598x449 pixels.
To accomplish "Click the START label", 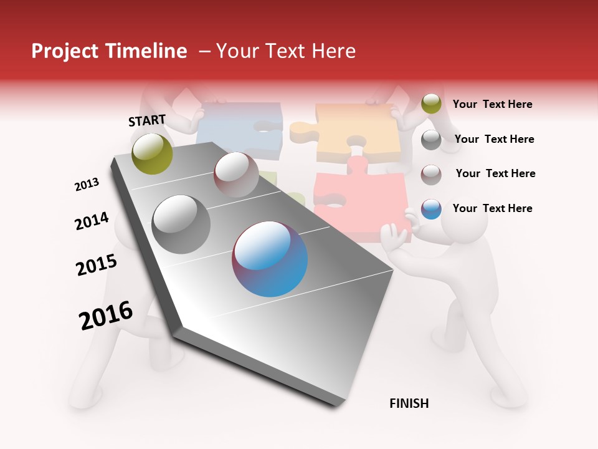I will coord(147,120).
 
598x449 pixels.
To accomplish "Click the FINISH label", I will coord(409,403).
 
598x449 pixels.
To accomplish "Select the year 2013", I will coord(87,185).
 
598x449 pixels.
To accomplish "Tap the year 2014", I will coord(92,221).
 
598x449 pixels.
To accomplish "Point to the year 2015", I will coord(97,265).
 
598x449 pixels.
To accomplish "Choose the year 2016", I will coord(106,316).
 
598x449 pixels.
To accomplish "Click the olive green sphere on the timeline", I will coord(152,153).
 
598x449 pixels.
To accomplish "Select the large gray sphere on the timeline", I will coord(181,224).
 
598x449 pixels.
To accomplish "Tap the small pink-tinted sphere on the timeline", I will coord(236,175).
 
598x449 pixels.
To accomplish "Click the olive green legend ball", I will coord(431,104).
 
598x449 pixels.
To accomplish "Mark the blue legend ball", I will coord(431,209).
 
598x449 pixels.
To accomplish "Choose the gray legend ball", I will coord(431,140).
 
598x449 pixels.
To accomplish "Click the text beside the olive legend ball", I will coord(492,104).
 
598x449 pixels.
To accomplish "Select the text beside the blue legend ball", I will coord(492,208).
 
